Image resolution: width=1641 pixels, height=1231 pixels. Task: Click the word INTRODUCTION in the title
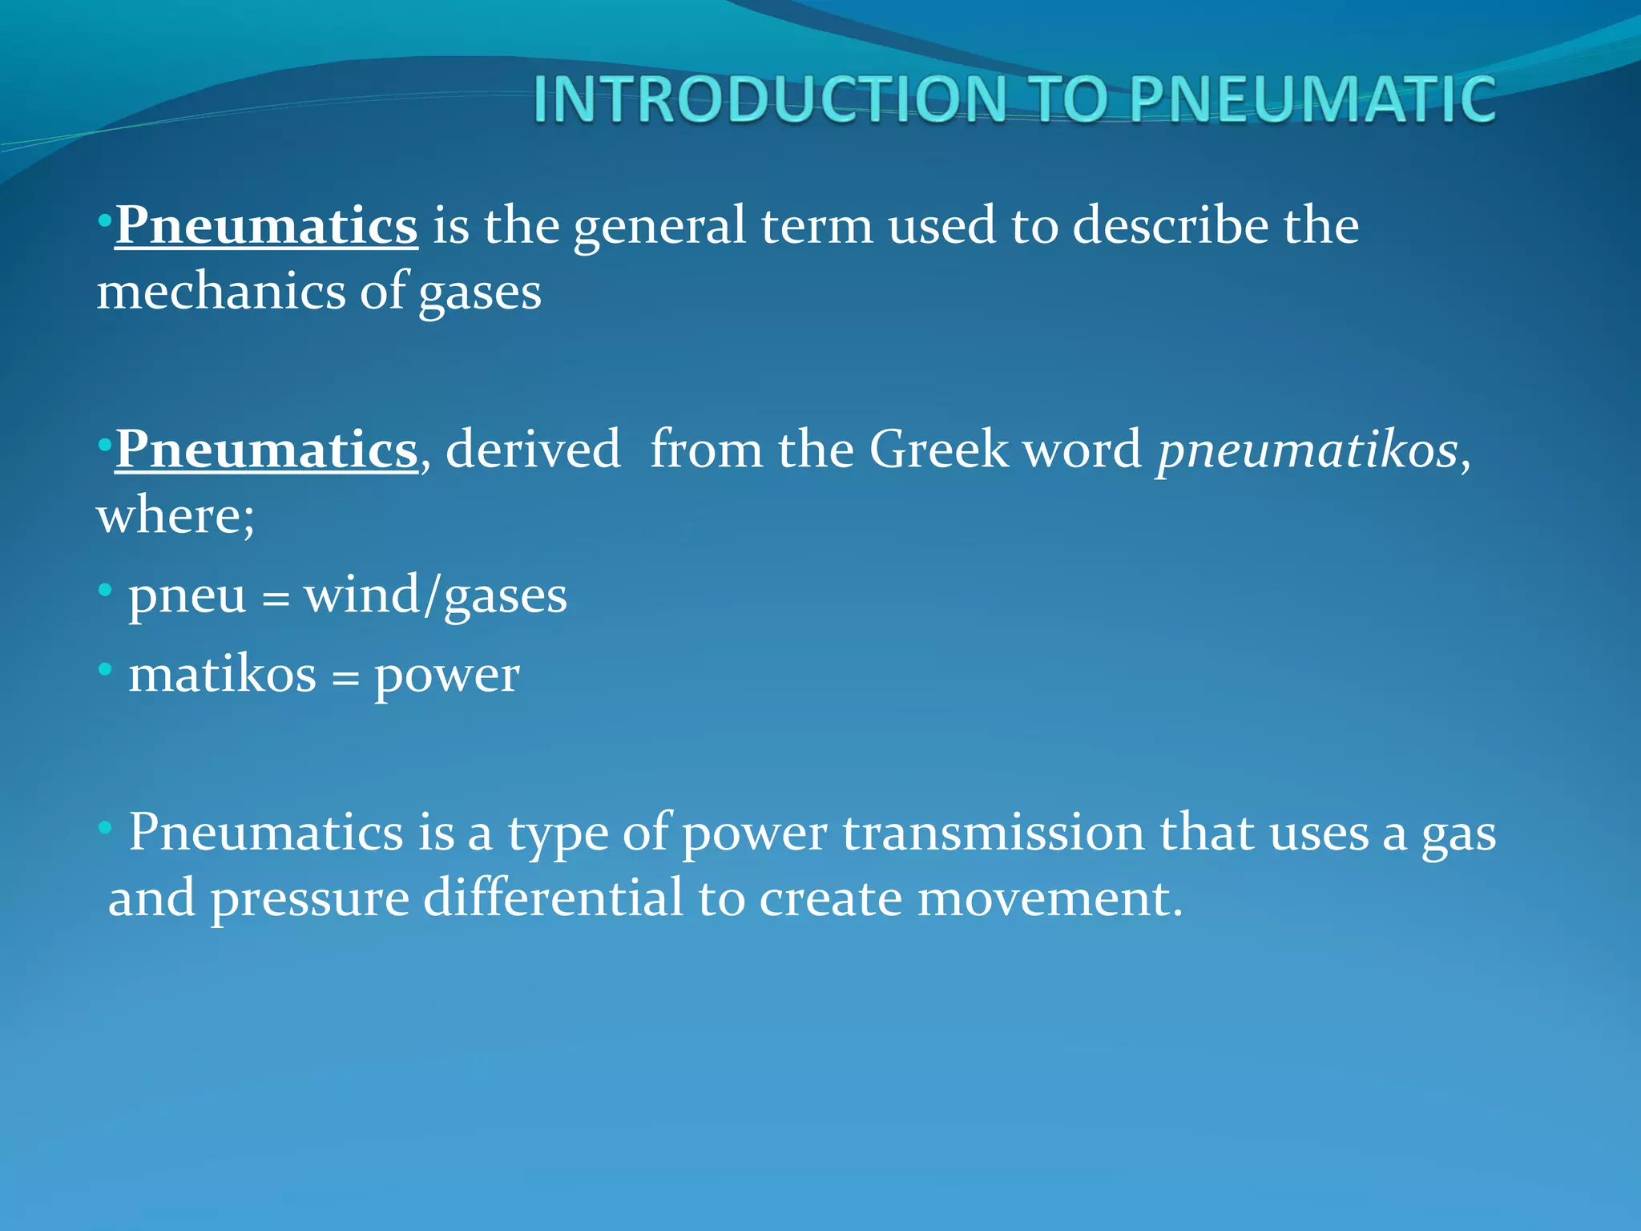769,99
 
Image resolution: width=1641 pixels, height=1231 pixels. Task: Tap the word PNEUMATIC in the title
1312,99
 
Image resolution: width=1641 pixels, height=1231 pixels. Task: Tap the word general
659,227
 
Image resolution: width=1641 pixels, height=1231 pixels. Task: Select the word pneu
187,597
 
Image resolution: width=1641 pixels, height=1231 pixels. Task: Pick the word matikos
223,675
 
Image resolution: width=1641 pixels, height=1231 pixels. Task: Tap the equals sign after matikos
345,680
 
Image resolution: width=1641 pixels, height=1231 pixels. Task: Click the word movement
1050,898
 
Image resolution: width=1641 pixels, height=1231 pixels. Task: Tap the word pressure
310,900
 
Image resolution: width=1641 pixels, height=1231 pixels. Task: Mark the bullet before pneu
105,591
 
